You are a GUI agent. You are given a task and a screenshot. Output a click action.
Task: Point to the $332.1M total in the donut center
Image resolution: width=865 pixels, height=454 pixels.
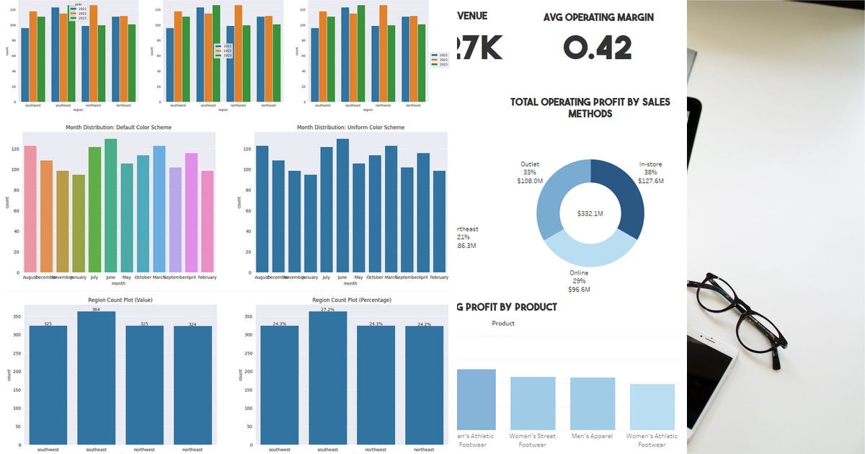(590, 214)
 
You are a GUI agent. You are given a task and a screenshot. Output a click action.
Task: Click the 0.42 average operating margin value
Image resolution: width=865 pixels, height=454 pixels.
(598, 48)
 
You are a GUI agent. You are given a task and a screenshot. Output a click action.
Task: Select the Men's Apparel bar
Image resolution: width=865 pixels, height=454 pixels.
(593, 403)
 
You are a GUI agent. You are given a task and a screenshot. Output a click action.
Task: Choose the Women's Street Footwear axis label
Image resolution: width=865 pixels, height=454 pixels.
(533, 440)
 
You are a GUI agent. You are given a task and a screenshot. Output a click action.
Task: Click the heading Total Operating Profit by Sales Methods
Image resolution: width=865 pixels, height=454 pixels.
(590, 107)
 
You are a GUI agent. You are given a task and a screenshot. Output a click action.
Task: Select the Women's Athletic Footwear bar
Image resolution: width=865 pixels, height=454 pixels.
(652, 406)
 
